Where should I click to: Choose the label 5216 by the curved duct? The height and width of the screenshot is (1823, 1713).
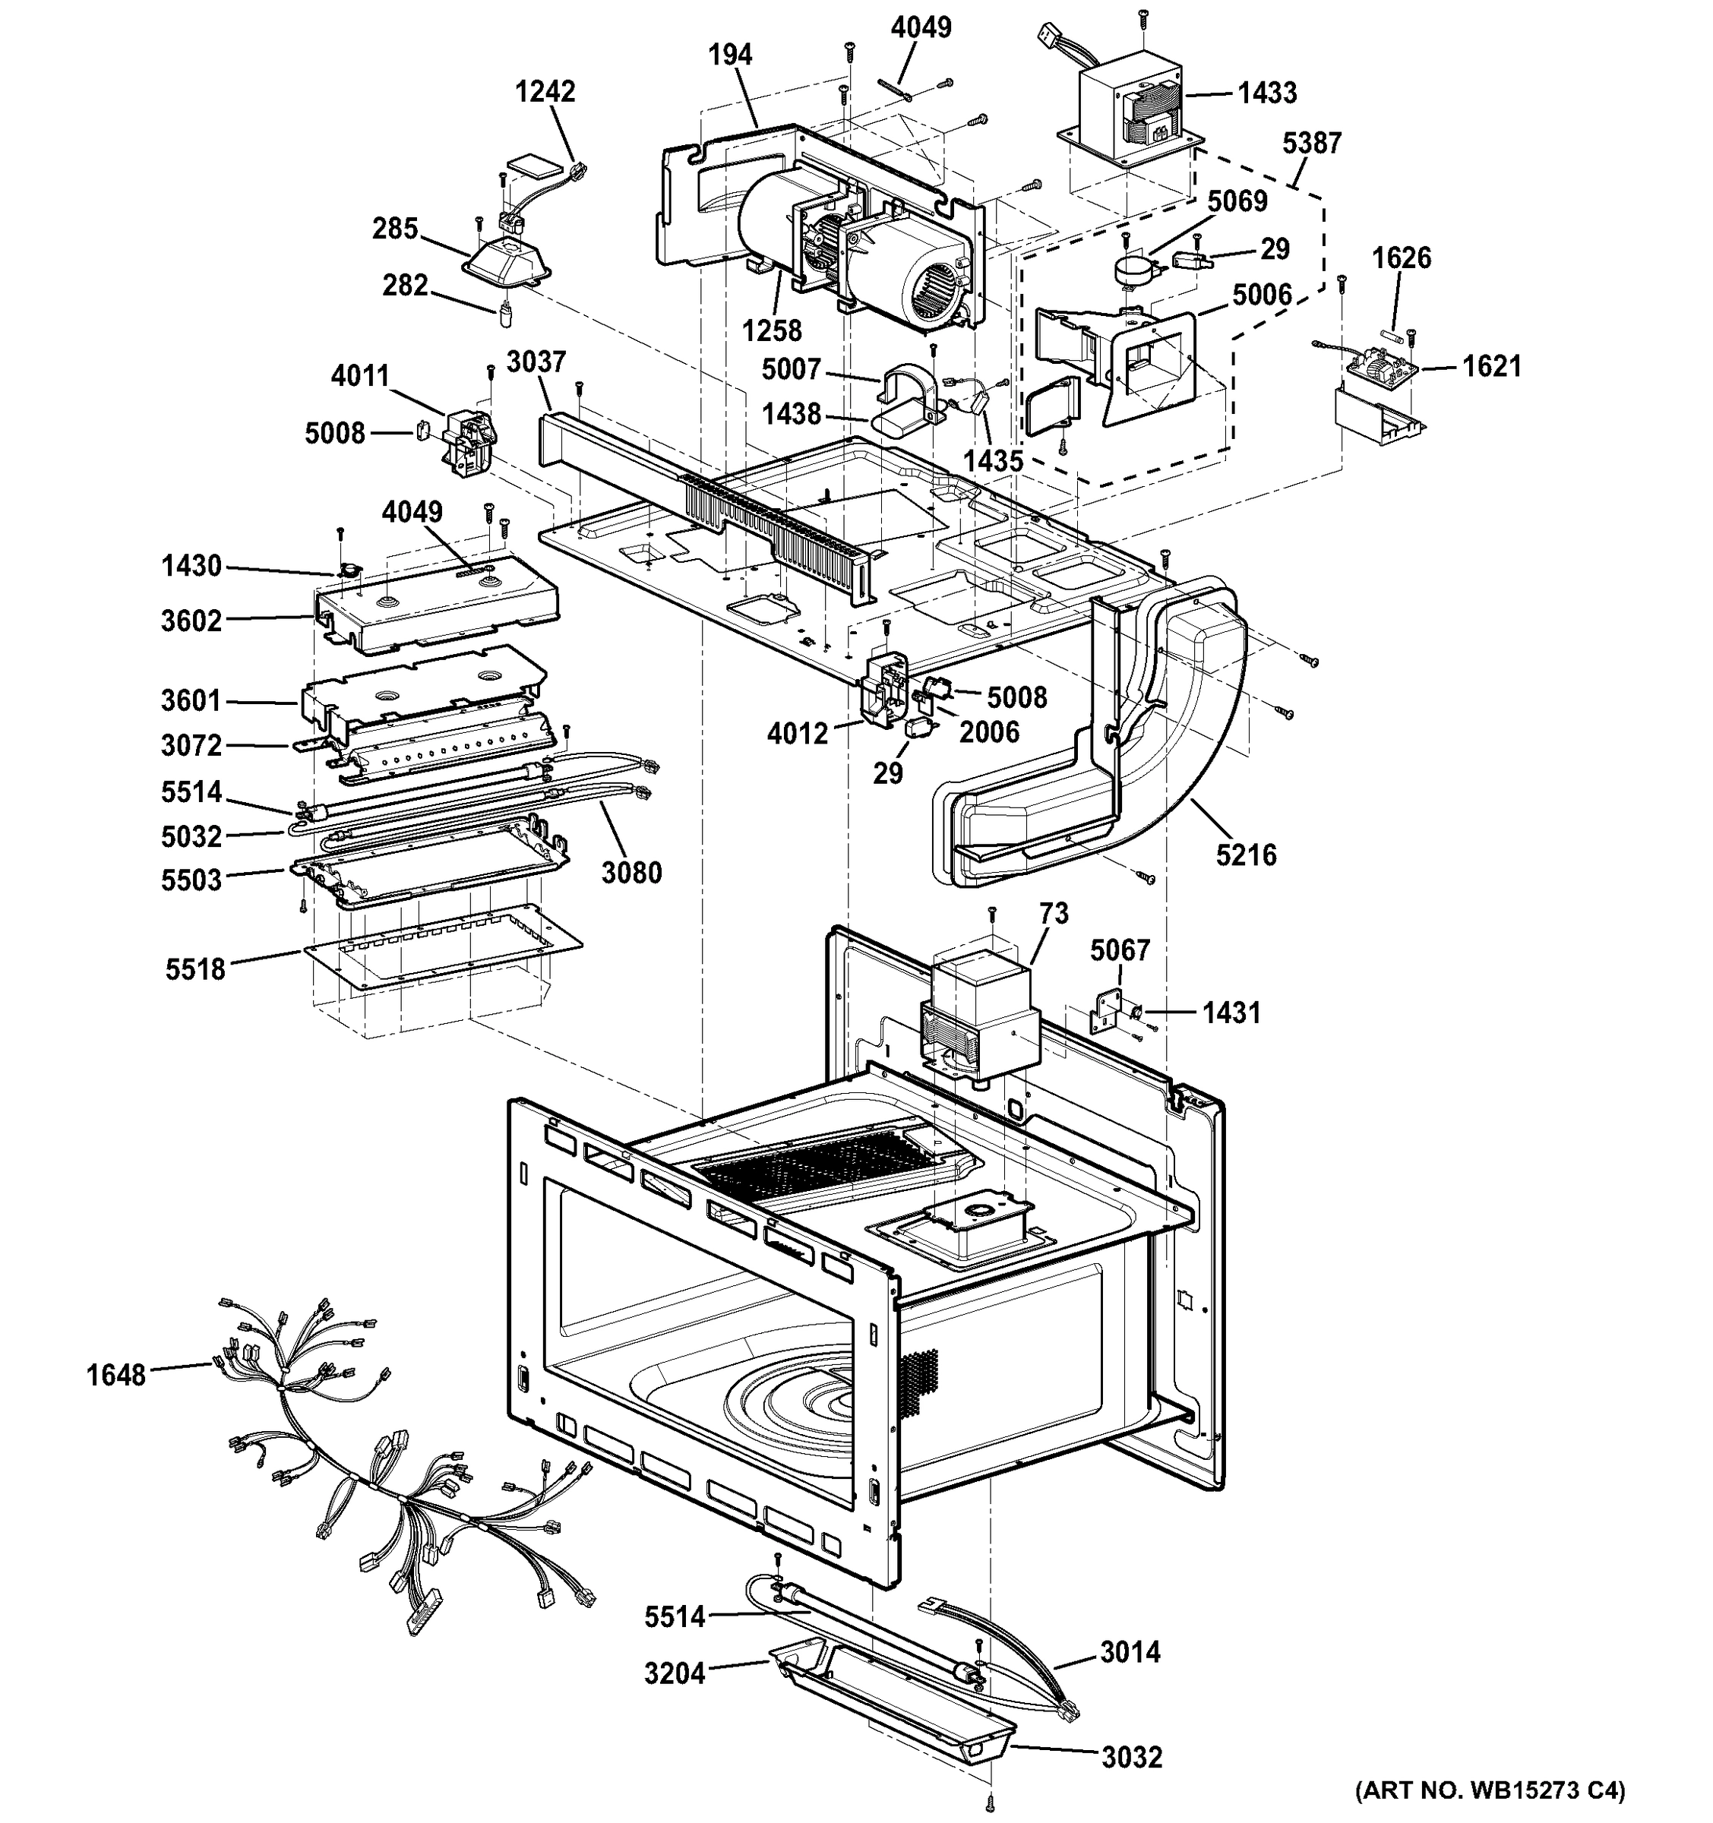coord(1245,855)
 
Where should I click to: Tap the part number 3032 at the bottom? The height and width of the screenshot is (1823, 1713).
coord(1132,1758)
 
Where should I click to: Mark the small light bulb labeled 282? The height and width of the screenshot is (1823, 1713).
coord(505,315)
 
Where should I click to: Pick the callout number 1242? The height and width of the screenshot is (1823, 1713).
coord(545,92)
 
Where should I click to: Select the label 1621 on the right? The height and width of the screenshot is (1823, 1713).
coord(1491,367)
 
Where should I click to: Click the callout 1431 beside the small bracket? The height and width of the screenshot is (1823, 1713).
coord(1231,1013)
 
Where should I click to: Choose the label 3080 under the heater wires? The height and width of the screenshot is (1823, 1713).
coord(631,873)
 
